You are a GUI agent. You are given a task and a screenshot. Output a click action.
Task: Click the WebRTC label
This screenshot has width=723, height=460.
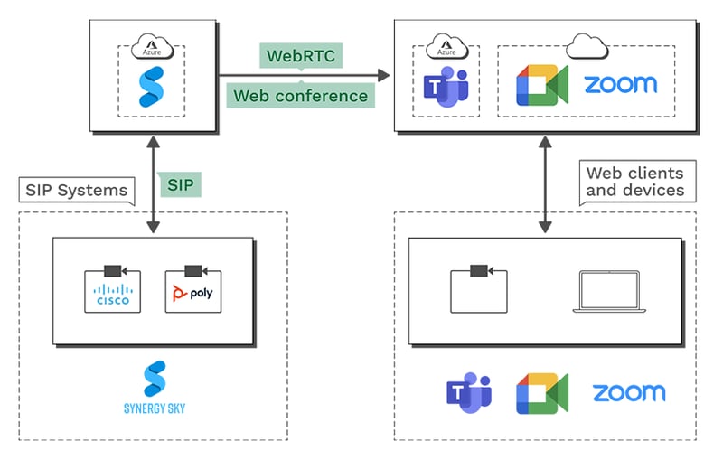pyautogui.click(x=295, y=56)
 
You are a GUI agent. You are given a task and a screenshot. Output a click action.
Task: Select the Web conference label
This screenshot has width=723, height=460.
pyautogui.click(x=301, y=95)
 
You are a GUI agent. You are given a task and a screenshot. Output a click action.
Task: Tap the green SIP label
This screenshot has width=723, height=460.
pyautogui.click(x=180, y=185)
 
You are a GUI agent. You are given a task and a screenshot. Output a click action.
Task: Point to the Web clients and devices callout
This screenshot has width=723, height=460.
pyautogui.click(x=634, y=182)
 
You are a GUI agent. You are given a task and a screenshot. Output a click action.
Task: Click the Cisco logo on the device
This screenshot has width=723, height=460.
pyautogui.click(x=113, y=296)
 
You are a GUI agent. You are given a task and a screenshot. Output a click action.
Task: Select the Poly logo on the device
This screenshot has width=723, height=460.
pyautogui.click(x=193, y=296)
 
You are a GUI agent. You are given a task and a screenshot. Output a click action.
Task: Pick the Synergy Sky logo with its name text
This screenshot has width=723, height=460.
pyautogui.click(x=154, y=388)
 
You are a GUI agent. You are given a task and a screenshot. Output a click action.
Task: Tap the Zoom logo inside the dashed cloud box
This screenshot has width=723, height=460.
pyautogui.click(x=620, y=85)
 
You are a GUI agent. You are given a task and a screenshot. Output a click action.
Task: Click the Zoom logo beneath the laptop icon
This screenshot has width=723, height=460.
pyautogui.click(x=628, y=393)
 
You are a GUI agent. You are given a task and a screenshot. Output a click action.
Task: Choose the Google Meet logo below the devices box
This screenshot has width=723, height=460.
pyautogui.click(x=541, y=393)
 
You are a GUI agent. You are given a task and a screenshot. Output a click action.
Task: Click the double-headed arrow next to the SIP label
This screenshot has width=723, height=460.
pyautogui.click(x=153, y=185)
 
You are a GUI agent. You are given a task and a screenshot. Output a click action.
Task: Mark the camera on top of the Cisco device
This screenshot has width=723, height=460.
pyautogui.click(x=113, y=270)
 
